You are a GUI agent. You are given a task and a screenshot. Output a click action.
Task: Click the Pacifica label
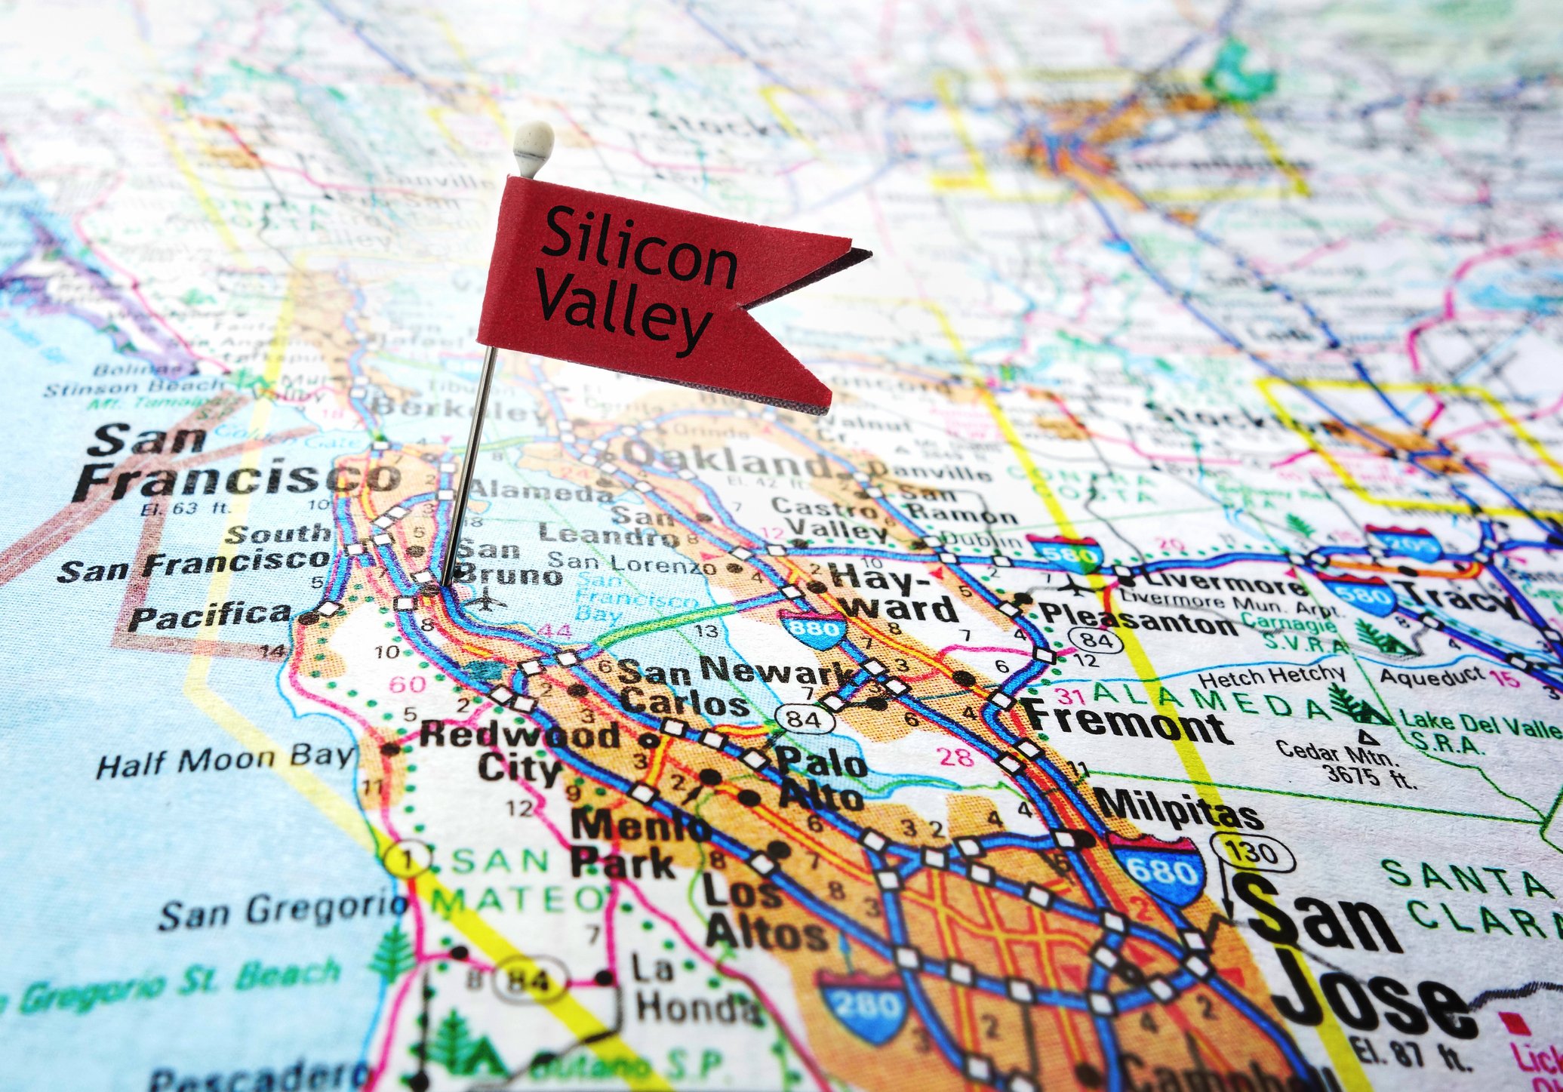click(x=209, y=616)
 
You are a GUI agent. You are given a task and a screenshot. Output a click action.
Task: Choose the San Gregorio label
click(x=283, y=910)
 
